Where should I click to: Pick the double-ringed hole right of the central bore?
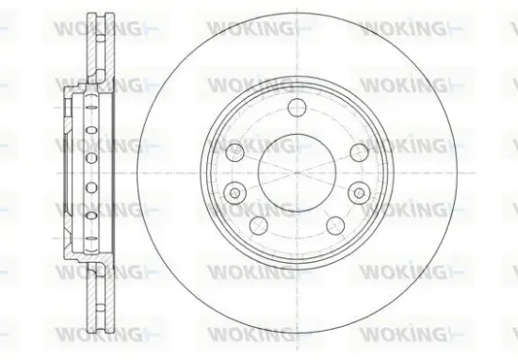click(x=357, y=191)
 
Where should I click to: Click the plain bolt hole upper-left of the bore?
click(x=236, y=151)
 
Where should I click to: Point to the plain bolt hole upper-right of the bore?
click(x=356, y=151)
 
